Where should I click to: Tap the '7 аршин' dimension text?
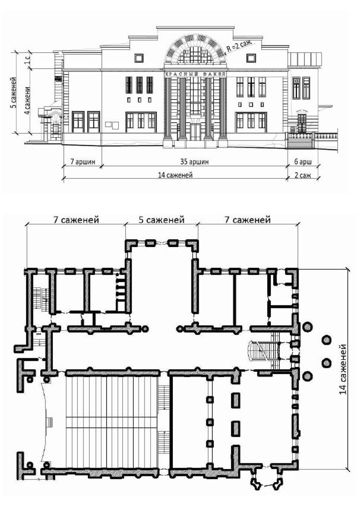[x=83, y=161]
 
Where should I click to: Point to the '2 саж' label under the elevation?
[x=303, y=175]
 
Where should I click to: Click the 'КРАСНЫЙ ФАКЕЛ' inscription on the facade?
[x=195, y=74]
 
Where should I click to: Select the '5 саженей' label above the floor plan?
[x=161, y=220]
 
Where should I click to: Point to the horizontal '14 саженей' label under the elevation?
[x=175, y=175]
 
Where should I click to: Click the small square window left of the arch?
[x=139, y=58]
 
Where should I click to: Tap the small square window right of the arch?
[x=251, y=58]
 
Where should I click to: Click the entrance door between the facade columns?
[x=195, y=131]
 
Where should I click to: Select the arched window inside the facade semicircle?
[x=195, y=55]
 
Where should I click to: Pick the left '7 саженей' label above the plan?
[x=76, y=220]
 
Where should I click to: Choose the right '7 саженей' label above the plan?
[x=247, y=220]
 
